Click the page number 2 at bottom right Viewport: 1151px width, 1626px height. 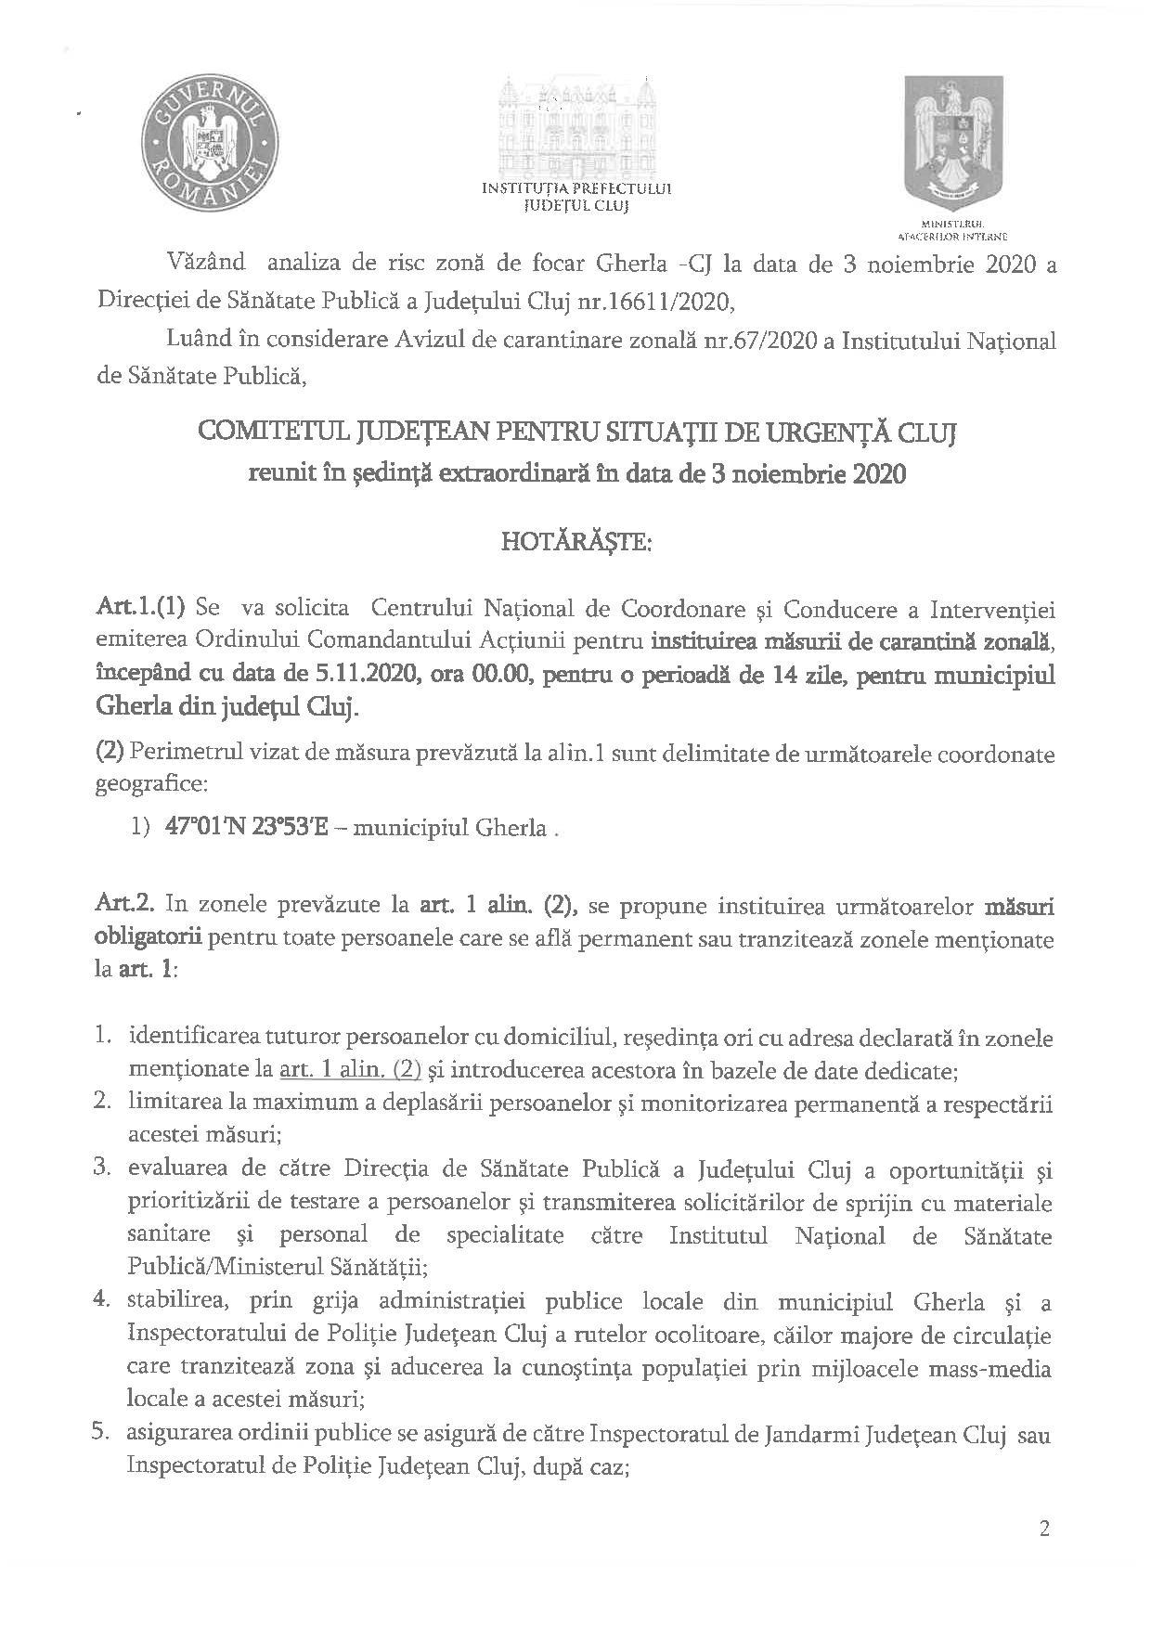pos(1044,1529)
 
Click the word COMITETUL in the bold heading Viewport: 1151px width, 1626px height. pos(265,432)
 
